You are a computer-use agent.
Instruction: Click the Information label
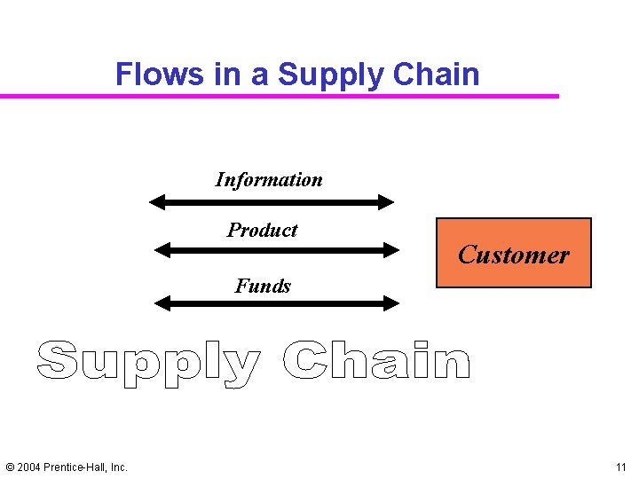[x=269, y=180]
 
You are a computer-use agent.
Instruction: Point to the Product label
[x=263, y=231]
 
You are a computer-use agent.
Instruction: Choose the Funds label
[x=263, y=286]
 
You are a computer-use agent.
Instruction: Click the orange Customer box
[x=513, y=254]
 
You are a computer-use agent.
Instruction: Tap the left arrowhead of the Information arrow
[x=157, y=202]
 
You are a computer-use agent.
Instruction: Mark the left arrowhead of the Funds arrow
[x=162, y=303]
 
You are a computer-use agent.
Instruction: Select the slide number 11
[x=619, y=467]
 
